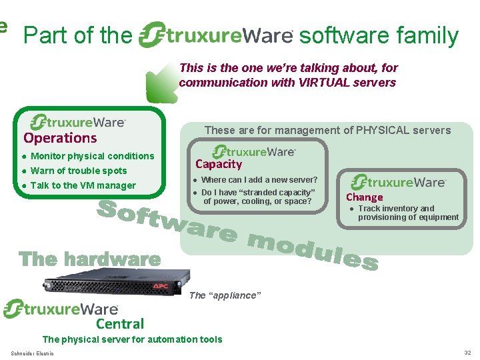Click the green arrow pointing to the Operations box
161,84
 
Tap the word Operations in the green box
60,138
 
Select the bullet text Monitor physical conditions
92,156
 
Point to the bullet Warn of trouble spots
78,171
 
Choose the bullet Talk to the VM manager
83,185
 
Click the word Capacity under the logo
219,164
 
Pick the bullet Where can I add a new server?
259,180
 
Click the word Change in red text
364,197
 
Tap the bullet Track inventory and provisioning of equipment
407,213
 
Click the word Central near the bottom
120,325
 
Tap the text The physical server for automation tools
132,339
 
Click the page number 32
467,353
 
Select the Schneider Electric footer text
33,353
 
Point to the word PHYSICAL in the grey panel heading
379,131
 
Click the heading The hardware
90,259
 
